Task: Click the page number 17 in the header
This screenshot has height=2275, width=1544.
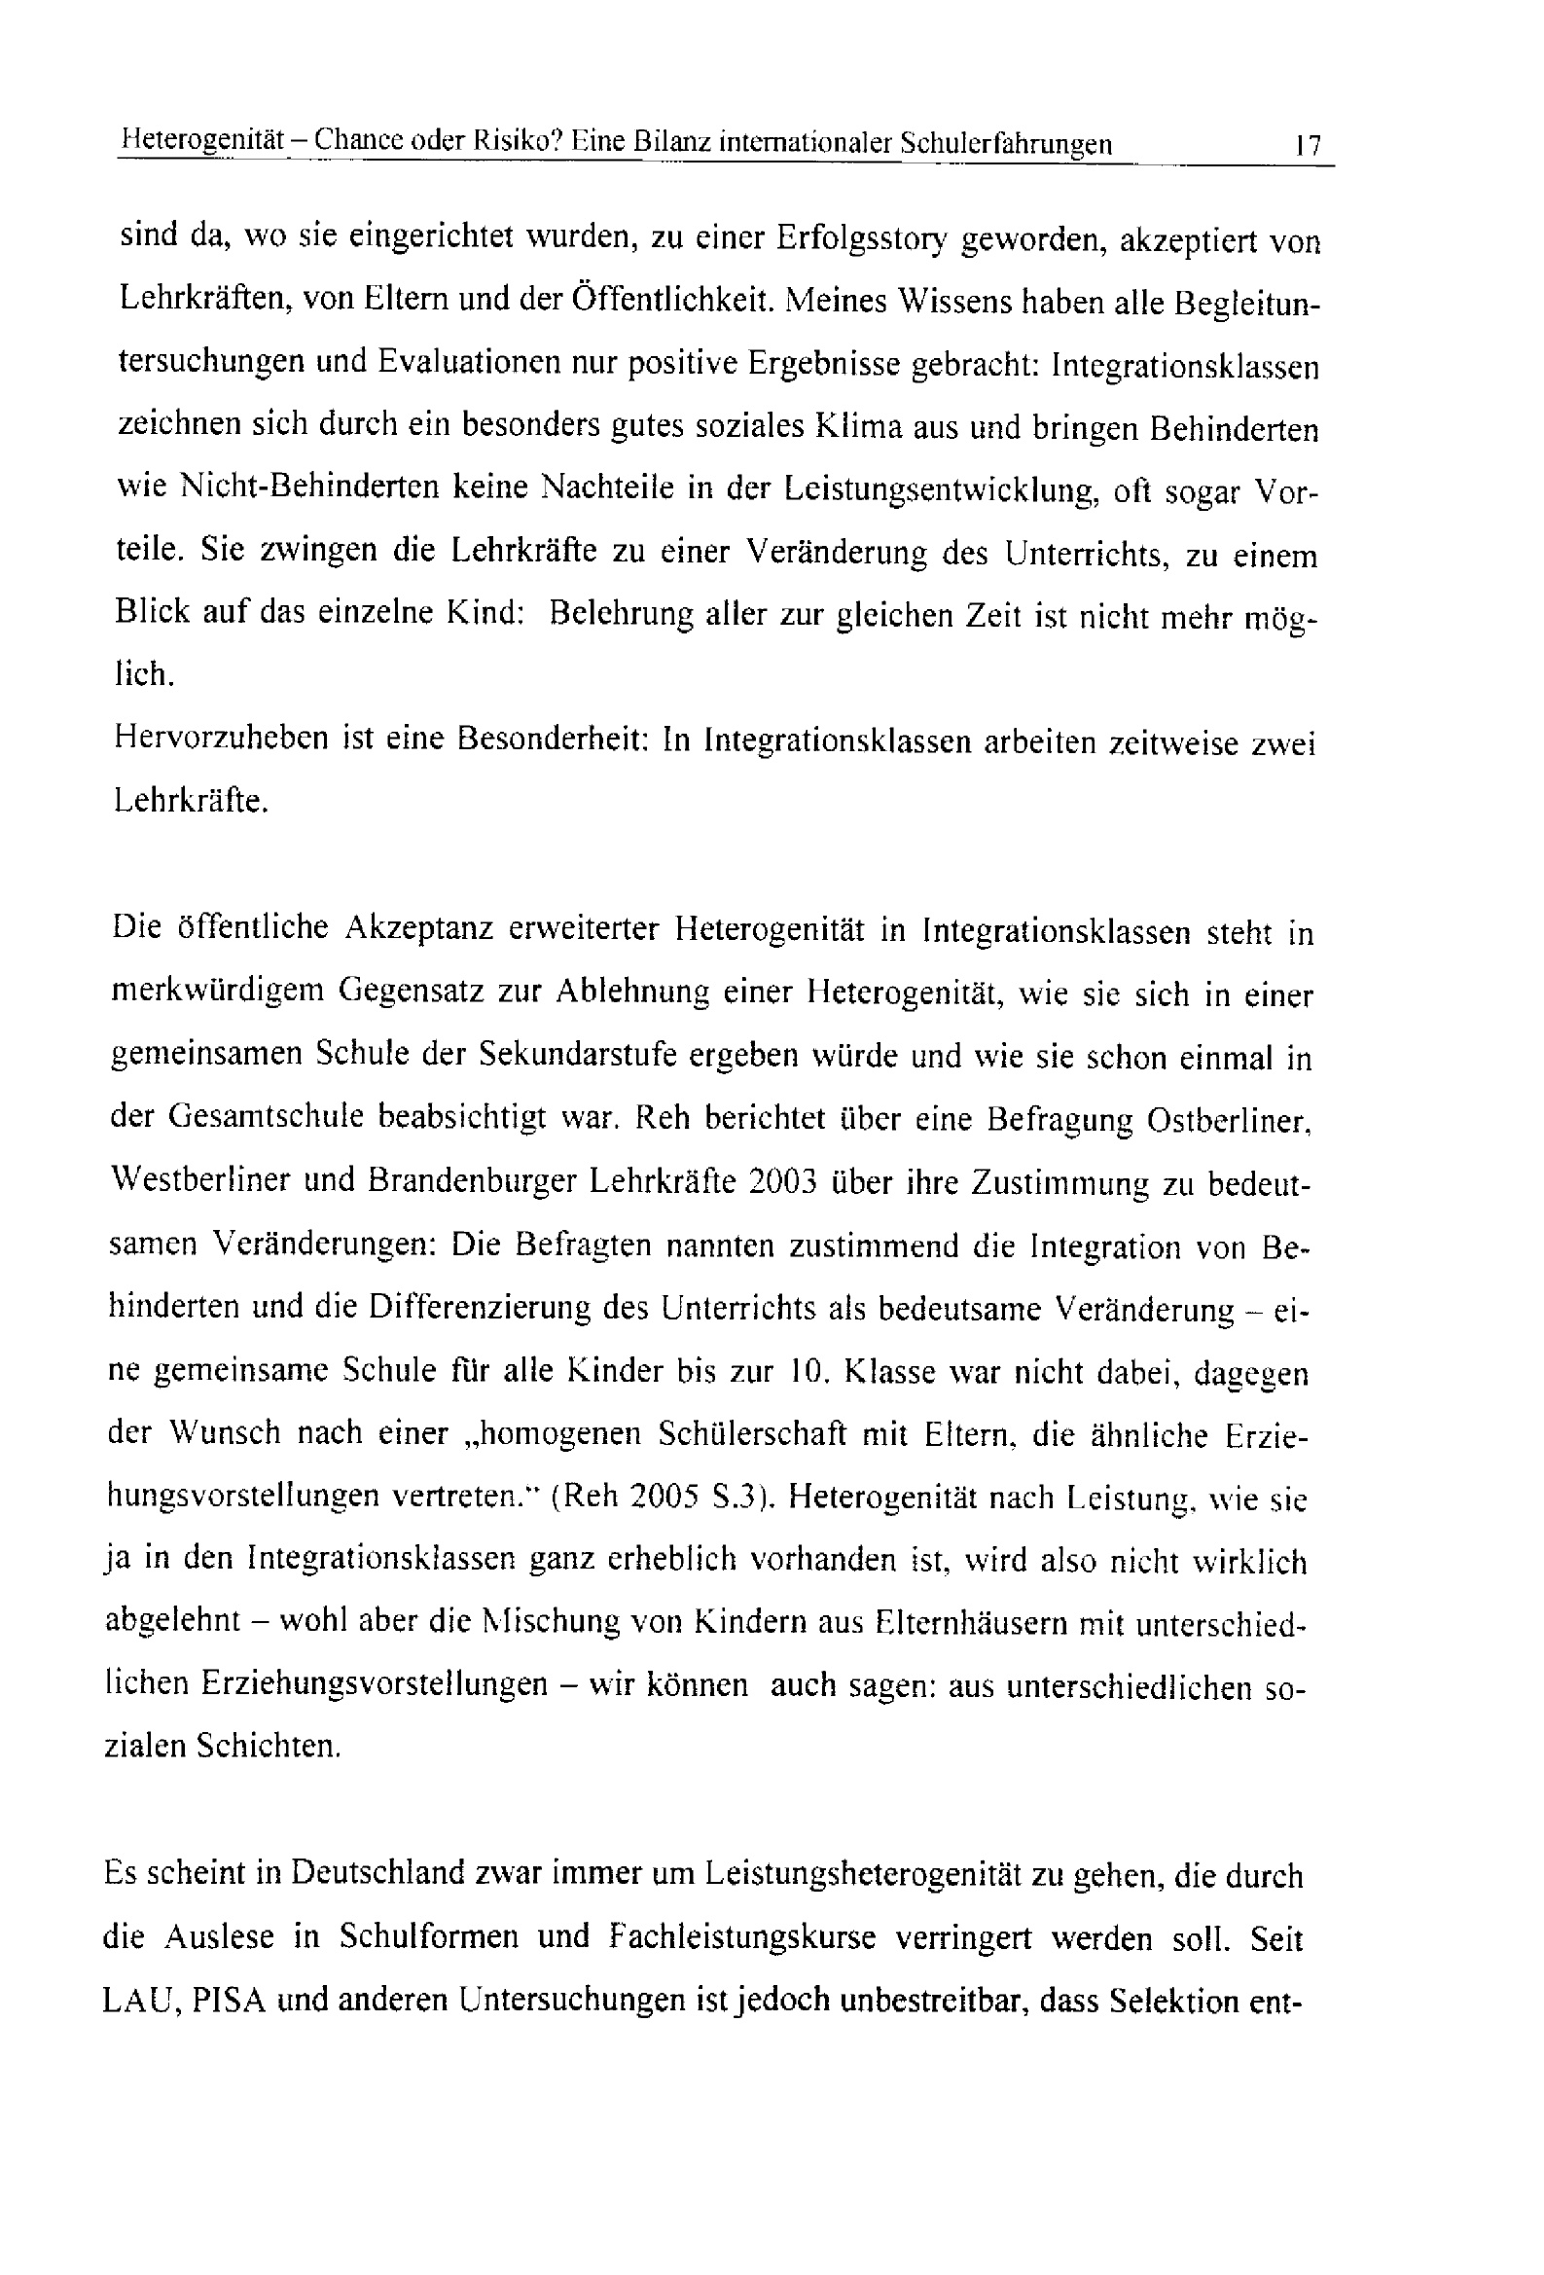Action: (x=1307, y=146)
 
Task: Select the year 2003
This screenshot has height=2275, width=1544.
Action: (x=781, y=1181)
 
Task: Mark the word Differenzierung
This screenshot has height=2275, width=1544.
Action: (x=479, y=1308)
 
